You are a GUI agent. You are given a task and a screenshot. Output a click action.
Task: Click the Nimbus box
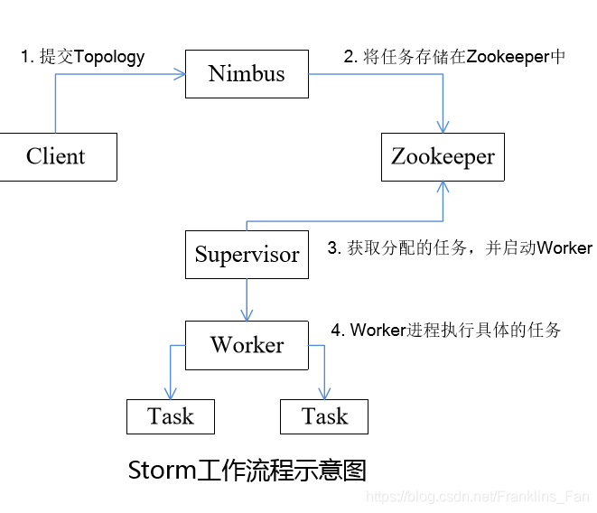[247, 74]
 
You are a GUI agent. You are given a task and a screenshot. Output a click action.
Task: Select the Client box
[56, 156]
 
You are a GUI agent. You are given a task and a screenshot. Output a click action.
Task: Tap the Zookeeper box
[443, 156]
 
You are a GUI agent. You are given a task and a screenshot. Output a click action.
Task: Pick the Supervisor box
[247, 254]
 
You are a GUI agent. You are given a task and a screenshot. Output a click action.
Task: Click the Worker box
[247, 345]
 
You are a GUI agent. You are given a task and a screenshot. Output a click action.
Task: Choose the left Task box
[170, 416]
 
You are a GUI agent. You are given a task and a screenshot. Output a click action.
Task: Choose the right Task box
[324, 416]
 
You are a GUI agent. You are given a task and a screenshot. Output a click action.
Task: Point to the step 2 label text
[454, 56]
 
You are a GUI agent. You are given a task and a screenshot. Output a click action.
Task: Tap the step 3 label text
[459, 248]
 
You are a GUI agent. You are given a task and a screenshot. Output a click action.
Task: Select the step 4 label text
[445, 330]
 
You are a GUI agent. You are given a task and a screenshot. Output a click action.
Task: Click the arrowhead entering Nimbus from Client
[180, 74]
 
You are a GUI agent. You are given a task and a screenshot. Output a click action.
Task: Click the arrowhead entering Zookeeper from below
[443, 187]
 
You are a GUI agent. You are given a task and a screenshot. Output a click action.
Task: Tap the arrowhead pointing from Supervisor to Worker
[247, 314]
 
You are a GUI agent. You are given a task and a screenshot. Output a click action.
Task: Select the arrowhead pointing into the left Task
[170, 394]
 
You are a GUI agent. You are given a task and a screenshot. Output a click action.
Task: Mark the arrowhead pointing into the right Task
[324, 394]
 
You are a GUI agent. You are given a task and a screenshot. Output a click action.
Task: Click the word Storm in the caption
[162, 471]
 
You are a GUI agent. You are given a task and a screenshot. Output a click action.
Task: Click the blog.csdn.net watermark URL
[478, 497]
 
